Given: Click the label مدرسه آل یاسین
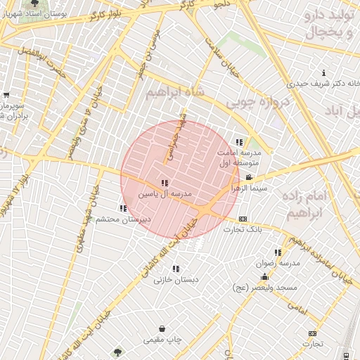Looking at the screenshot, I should [165, 193].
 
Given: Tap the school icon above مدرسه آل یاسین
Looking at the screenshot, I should [165, 183].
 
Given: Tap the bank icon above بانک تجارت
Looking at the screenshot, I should [243, 219].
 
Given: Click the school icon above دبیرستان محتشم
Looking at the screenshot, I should [124, 208].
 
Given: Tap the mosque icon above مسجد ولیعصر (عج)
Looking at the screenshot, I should [264, 278].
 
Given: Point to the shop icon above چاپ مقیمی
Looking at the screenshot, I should [162, 328].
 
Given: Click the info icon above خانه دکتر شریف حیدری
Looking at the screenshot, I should [323, 73].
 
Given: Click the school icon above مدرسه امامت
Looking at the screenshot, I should [239, 141].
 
